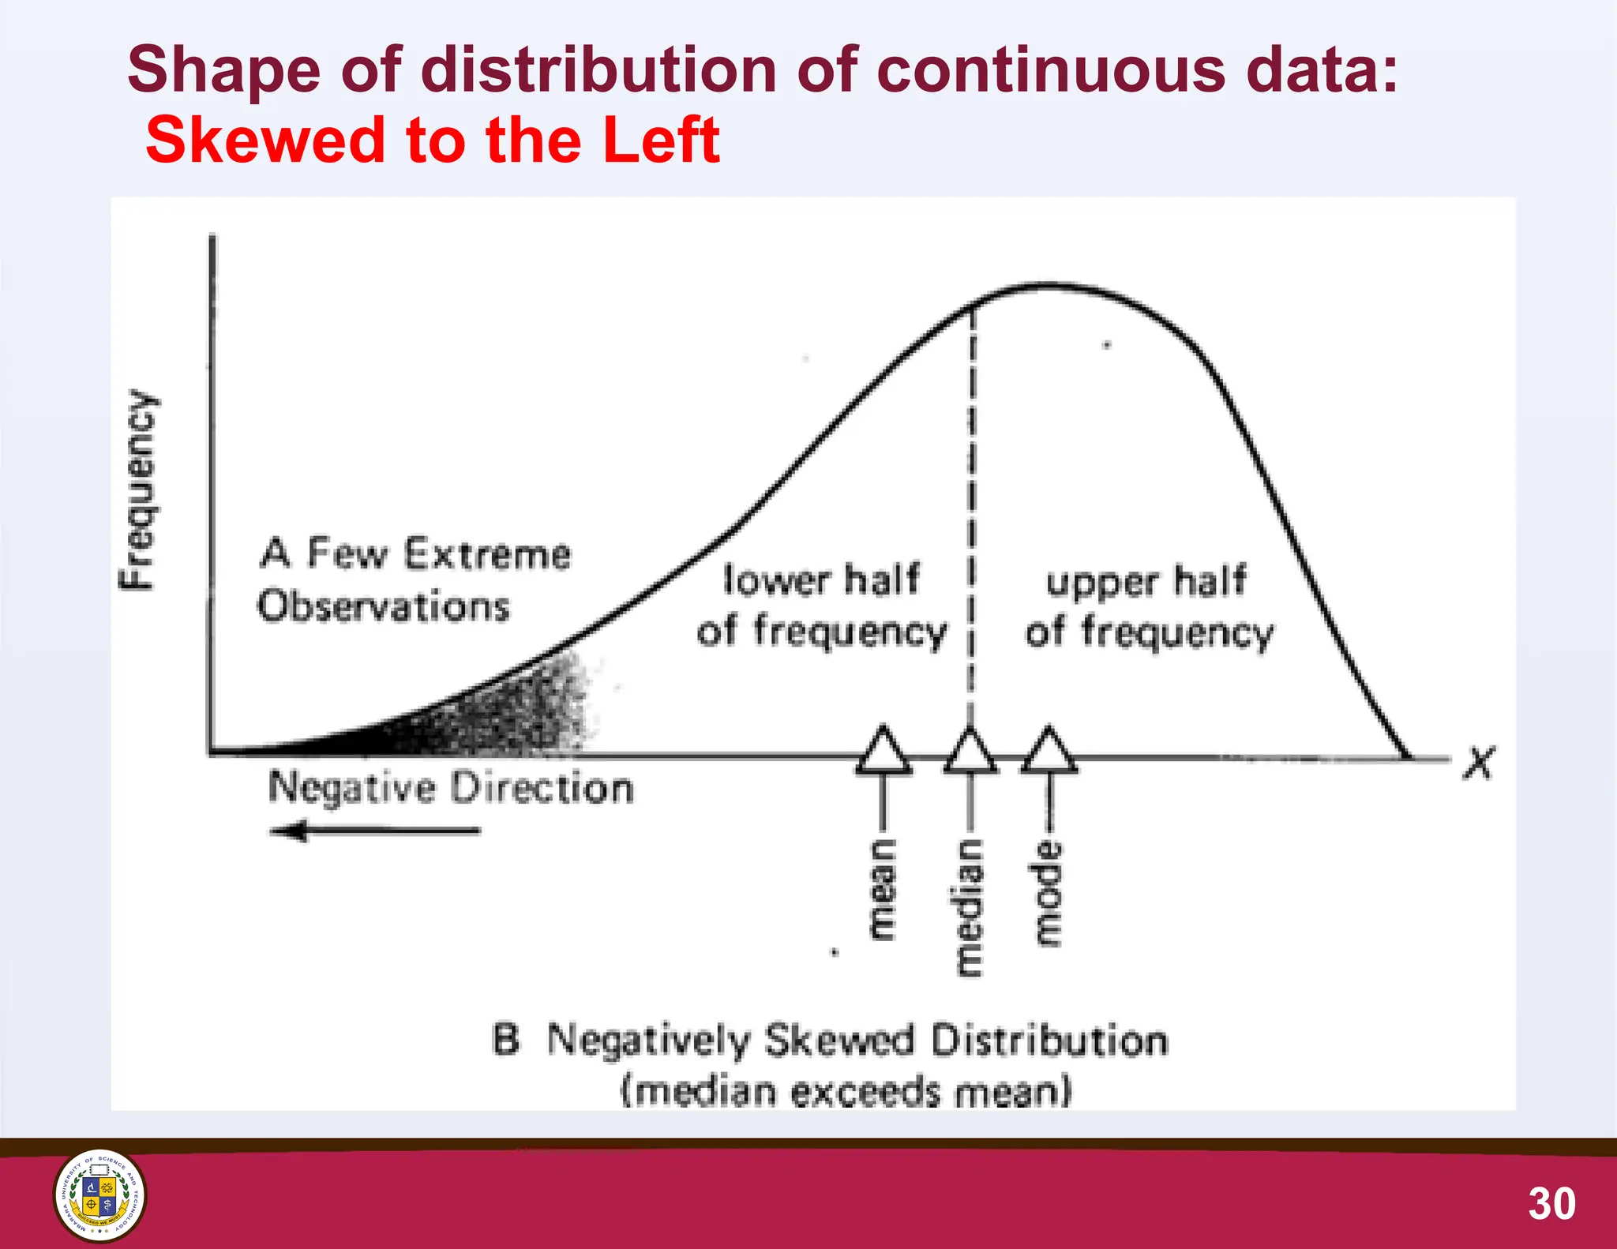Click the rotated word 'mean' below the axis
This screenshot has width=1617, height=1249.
click(x=884, y=890)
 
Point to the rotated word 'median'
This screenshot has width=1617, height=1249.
click(x=970, y=908)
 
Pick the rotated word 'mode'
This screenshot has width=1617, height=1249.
click(x=1049, y=894)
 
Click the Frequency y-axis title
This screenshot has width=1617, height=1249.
click(x=137, y=489)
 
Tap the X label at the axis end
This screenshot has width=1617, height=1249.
click(x=1478, y=763)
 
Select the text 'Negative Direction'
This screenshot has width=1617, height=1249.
click(x=451, y=788)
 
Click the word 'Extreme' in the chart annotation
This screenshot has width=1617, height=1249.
click(x=487, y=553)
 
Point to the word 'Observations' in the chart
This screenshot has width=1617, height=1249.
click(x=384, y=606)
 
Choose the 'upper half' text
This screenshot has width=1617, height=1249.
click(x=1146, y=581)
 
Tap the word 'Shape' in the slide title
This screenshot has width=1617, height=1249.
click(x=223, y=69)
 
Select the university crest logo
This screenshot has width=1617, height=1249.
click(x=99, y=1195)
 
